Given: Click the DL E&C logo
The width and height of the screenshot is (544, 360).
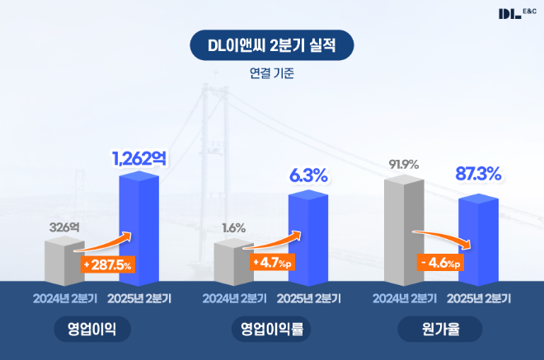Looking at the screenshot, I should point(516,13).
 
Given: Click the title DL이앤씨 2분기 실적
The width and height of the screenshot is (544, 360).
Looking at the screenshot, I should point(272,45).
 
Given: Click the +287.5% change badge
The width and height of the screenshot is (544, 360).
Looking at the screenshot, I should point(108,264).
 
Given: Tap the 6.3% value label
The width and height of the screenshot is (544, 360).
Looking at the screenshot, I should point(308,175).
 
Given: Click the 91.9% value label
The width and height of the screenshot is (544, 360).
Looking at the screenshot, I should point(404,164).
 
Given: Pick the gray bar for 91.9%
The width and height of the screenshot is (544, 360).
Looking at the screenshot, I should point(404,227).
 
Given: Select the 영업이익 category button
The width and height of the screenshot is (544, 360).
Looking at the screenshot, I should point(92,330).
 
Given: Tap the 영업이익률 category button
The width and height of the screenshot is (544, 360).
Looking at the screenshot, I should point(272,330).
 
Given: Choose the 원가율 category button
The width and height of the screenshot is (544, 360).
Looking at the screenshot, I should point(440,330).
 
